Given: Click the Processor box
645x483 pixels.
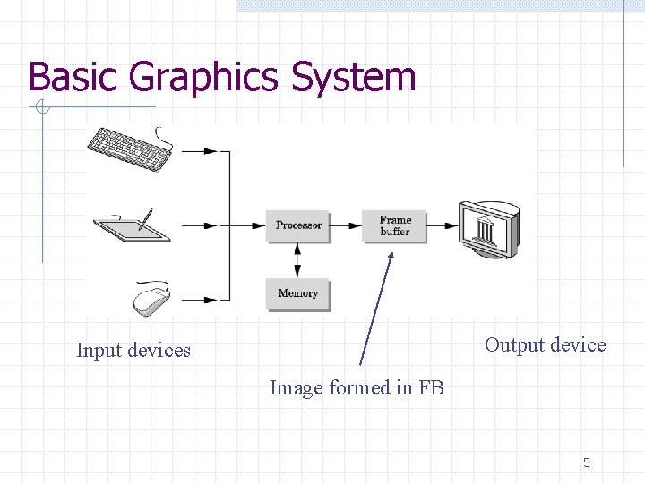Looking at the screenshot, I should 298,225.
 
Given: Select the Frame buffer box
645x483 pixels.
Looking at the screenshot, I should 394,225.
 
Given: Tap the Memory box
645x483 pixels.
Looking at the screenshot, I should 298,293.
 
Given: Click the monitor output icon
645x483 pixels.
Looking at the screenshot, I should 488,229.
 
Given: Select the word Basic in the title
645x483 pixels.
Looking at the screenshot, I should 75,78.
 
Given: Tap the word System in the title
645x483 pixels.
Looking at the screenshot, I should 353,78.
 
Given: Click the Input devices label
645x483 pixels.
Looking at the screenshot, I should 133,351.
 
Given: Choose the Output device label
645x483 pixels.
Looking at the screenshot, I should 545,345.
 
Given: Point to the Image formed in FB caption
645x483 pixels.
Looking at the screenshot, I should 357,388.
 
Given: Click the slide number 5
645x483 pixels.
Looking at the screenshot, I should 587,462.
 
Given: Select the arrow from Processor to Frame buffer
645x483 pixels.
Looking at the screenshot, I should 346,225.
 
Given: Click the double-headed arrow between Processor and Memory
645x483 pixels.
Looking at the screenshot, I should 298,259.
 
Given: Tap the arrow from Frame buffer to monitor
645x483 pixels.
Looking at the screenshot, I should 442,225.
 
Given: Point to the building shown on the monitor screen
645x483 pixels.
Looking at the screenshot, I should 486,229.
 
